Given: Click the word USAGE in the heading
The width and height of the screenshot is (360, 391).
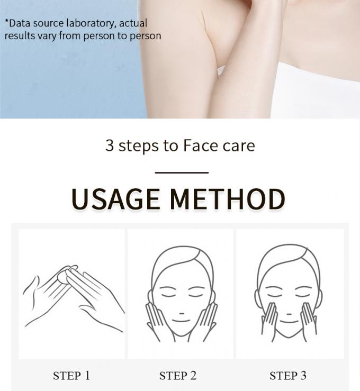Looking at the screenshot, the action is pos(115,199).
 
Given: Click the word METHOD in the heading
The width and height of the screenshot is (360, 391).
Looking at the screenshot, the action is pos(228,199).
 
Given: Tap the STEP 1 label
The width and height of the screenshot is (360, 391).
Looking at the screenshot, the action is pos(71,376).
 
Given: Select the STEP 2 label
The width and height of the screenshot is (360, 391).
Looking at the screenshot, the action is pos(178,376).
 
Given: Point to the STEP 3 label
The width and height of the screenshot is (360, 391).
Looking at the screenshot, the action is pos(287,376).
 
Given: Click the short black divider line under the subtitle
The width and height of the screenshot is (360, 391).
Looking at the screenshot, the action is pos(182,172).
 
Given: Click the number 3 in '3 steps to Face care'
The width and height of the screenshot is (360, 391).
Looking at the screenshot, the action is pos(110,145).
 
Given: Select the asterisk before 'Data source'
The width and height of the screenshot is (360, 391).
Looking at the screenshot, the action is pos(7,21).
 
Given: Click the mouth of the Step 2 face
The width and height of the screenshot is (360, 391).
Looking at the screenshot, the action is pos(182,321).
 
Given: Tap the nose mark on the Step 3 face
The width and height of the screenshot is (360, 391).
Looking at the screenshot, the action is pos(289,314).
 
